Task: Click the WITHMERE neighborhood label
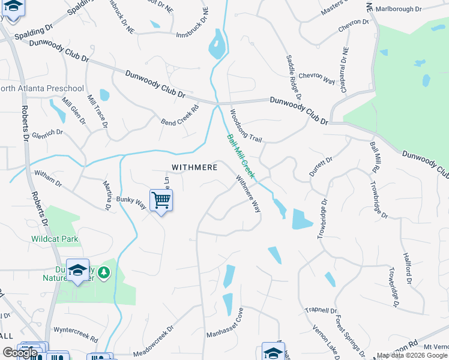(x=194, y=167)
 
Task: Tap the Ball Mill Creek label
(x=241, y=157)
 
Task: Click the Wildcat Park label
(x=55, y=239)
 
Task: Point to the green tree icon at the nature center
(x=104, y=273)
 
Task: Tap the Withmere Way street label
(x=249, y=194)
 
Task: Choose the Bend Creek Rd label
(x=179, y=116)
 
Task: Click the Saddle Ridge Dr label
(x=294, y=76)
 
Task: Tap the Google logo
(x=20, y=353)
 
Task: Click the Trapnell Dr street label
(x=321, y=310)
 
